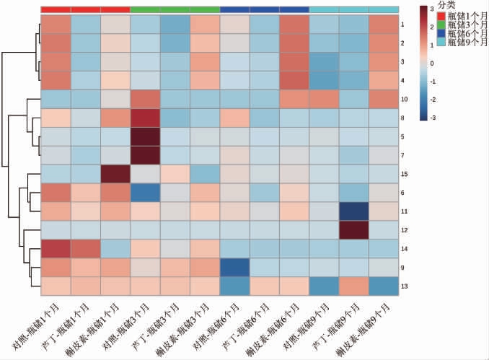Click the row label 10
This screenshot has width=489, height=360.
pyautogui.click(x=405, y=98)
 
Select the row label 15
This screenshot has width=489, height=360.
pyautogui.click(x=405, y=174)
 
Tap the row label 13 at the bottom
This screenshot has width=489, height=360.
pyautogui.click(x=405, y=286)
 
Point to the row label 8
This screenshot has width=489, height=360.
pyautogui.click(x=405, y=117)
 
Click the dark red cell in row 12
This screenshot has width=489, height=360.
pyautogui.click(x=354, y=230)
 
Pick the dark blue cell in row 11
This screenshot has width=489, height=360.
pyautogui.click(x=354, y=211)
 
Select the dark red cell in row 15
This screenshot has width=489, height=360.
pyautogui.click(x=116, y=174)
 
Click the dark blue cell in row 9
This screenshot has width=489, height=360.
pyautogui.click(x=235, y=268)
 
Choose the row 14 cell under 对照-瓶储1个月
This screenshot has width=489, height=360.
pyautogui.click(x=56, y=249)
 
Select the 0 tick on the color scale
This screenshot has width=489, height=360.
pyautogui.click(x=431, y=63)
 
